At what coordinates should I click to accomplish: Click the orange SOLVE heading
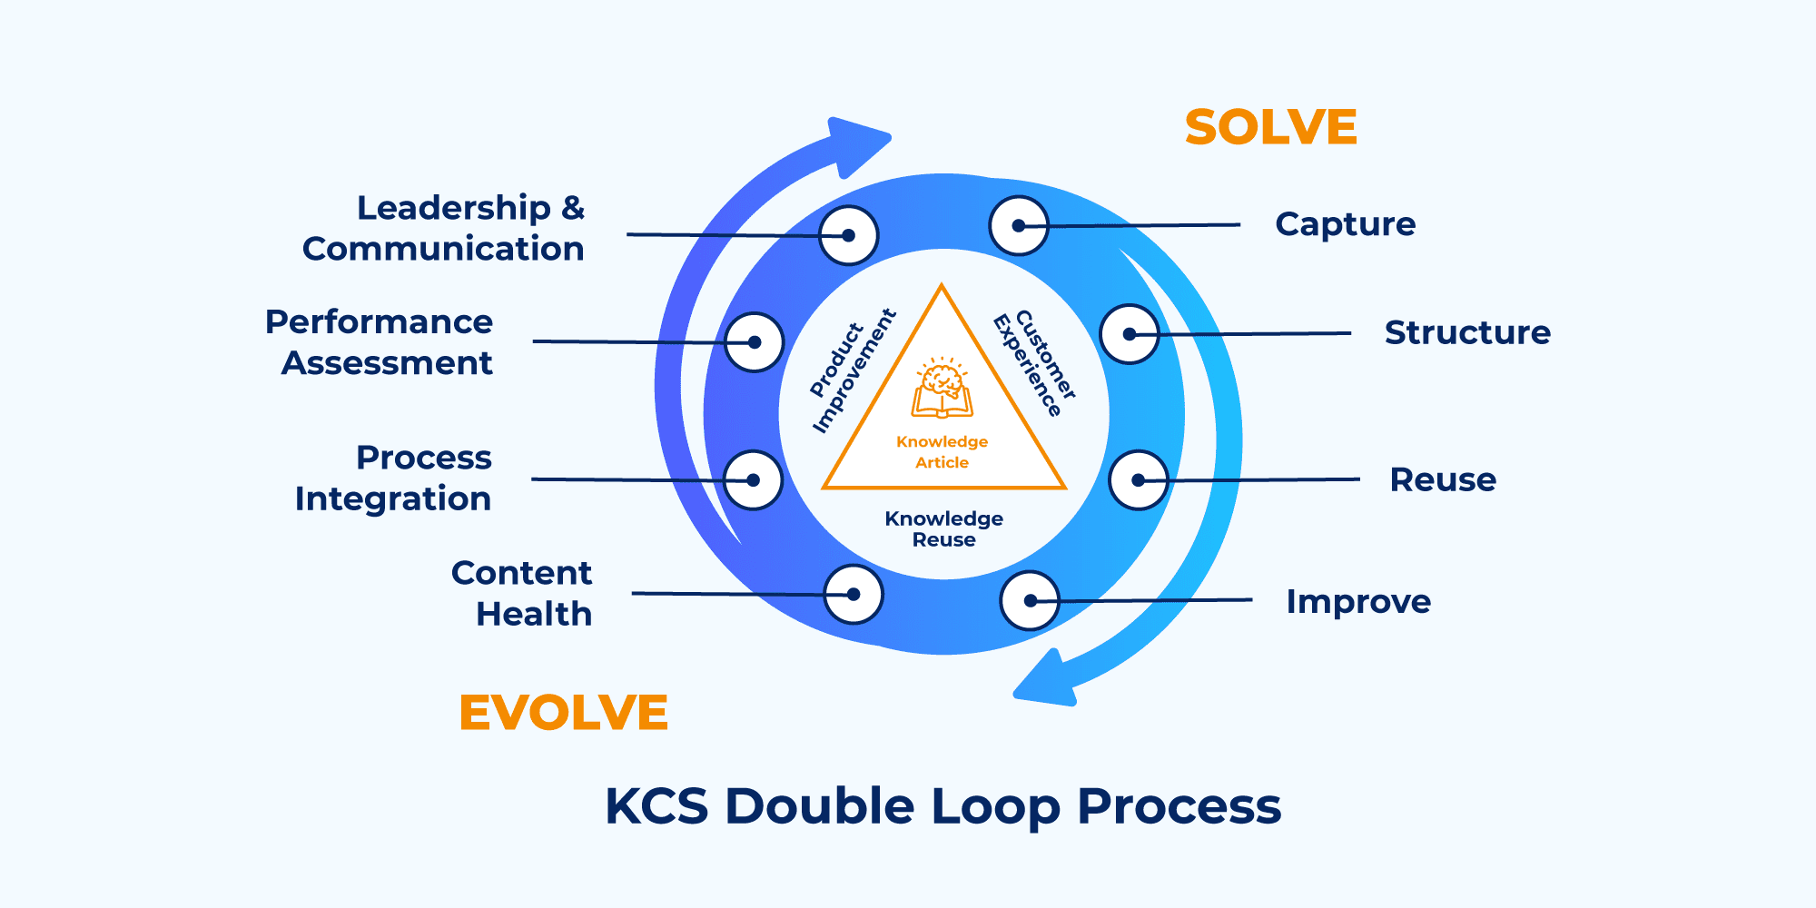(x=1270, y=127)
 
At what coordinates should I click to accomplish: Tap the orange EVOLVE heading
(x=563, y=713)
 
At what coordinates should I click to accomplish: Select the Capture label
(x=1345, y=224)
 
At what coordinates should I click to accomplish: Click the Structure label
(x=1467, y=332)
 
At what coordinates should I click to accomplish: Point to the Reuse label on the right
(x=1443, y=479)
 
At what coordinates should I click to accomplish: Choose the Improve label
(x=1358, y=601)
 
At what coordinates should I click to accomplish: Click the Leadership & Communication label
(x=445, y=228)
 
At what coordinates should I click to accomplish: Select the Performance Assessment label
(x=380, y=342)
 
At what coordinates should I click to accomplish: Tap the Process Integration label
(x=394, y=478)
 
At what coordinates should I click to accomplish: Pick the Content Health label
(x=523, y=593)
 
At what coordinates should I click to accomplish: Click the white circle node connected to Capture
(x=1019, y=226)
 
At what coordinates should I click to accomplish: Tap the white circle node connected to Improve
(x=1030, y=601)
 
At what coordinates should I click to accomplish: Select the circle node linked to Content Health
(x=854, y=595)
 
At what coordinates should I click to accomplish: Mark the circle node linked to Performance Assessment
(x=755, y=342)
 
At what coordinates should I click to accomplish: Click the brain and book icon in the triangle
(x=943, y=390)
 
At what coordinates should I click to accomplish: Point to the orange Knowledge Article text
(x=943, y=452)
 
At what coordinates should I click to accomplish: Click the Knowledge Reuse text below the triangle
(x=944, y=528)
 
